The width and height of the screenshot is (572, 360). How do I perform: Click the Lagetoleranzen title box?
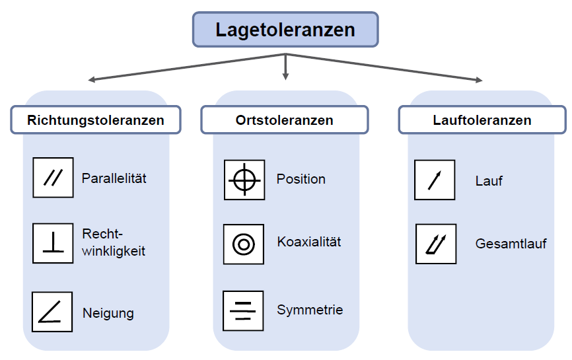[x=285, y=30]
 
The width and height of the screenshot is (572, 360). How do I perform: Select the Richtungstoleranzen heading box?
[x=95, y=120]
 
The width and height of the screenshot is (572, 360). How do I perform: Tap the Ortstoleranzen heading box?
[x=284, y=120]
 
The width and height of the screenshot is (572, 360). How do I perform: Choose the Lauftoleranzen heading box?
[x=482, y=120]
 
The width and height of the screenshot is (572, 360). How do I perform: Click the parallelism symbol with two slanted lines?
[x=53, y=178]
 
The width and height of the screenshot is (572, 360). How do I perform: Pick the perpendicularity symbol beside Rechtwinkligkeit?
[x=53, y=243]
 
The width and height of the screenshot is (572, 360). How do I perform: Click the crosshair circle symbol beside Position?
[x=244, y=180]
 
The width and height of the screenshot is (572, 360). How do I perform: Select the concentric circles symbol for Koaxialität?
[x=244, y=244]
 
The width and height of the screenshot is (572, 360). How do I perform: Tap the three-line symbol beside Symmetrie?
[x=243, y=310]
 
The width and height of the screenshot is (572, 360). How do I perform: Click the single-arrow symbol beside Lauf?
[x=435, y=180]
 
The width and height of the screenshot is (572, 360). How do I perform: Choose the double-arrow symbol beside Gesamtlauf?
[x=436, y=244]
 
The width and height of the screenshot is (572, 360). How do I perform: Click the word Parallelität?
[x=114, y=178]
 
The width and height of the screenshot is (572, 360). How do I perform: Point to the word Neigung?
[x=108, y=313]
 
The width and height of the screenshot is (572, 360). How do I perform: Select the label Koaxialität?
[x=308, y=242]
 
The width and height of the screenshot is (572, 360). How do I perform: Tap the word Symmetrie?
[x=309, y=310]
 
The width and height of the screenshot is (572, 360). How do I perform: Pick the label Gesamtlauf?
[x=511, y=244]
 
